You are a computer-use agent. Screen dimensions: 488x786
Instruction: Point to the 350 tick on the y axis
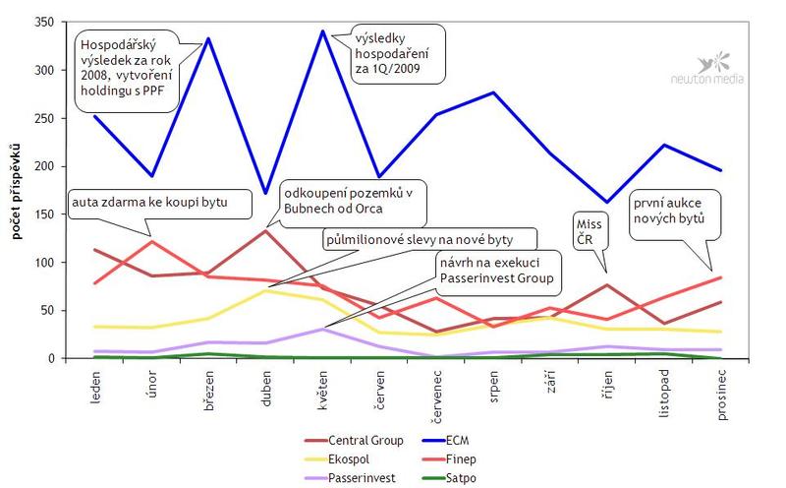(x=42, y=22)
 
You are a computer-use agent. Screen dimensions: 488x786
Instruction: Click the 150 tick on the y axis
(x=42, y=214)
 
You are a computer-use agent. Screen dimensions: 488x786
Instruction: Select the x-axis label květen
(x=324, y=391)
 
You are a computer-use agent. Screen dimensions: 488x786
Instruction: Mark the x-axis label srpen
(x=493, y=389)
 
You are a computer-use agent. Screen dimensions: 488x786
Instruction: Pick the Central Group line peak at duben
(x=266, y=230)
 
